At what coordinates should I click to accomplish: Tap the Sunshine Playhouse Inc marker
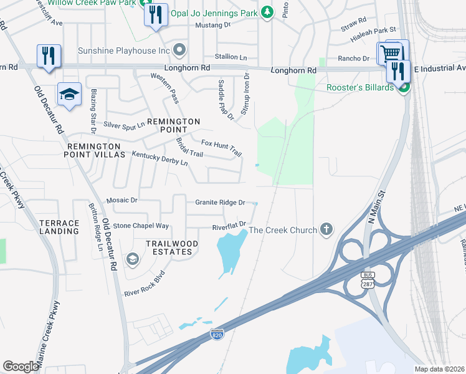[181, 50]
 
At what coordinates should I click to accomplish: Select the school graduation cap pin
[70, 94]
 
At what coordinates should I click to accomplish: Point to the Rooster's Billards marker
[403, 88]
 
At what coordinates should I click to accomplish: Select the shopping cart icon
[390, 52]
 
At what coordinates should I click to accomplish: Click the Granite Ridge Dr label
[220, 203]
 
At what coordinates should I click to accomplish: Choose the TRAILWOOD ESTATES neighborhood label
[172, 247]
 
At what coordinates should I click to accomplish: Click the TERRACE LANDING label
[59, 227]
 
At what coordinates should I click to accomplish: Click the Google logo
[21, 367]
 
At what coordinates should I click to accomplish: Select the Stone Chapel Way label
[141, 226]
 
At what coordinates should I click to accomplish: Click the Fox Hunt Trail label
[221, 149]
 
